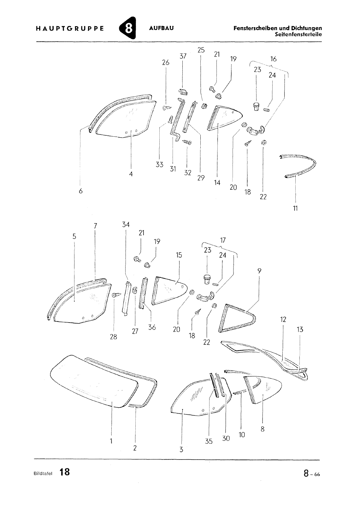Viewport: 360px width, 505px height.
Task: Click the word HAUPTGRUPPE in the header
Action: click(x=70, y=28)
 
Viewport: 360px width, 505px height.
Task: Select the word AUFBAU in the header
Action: click(x=161, y=28)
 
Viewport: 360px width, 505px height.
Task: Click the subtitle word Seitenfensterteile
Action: click(x=298, y=34)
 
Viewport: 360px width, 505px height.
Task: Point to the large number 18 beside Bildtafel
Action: click(x=64, y=472)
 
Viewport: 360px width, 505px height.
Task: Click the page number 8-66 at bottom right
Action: click(x=312, y=473)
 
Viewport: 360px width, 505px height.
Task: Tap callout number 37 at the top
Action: click(x=183, y=56)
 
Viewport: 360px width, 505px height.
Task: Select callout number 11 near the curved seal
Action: click(x=295, y=208)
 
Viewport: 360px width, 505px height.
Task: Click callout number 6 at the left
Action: click(x=81, y=191)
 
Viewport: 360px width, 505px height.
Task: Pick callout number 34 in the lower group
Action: click(x=126, y=224)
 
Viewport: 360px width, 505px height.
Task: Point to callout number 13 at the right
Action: click(x=300, y=330)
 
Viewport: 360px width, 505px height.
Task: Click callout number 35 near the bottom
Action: click(x=209, y=441)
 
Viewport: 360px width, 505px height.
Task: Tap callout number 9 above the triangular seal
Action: click(x=259, y=271)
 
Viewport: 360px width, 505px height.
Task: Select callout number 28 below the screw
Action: click(x=113, y=336)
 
